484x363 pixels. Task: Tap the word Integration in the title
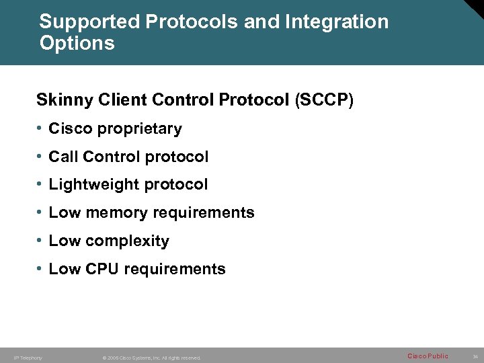pyautogui.click(x=337, y=22)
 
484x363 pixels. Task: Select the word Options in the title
pyautogui.click(x=77, y=44)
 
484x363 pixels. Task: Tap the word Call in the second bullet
pyautogui.click(x=63, y=157)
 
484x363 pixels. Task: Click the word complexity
pyautogui.click(x=128, y=241)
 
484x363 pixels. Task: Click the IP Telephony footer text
pyautogui.click(x=28, y=358)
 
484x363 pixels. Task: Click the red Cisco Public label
pyautogui.click(x=428, y=356)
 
